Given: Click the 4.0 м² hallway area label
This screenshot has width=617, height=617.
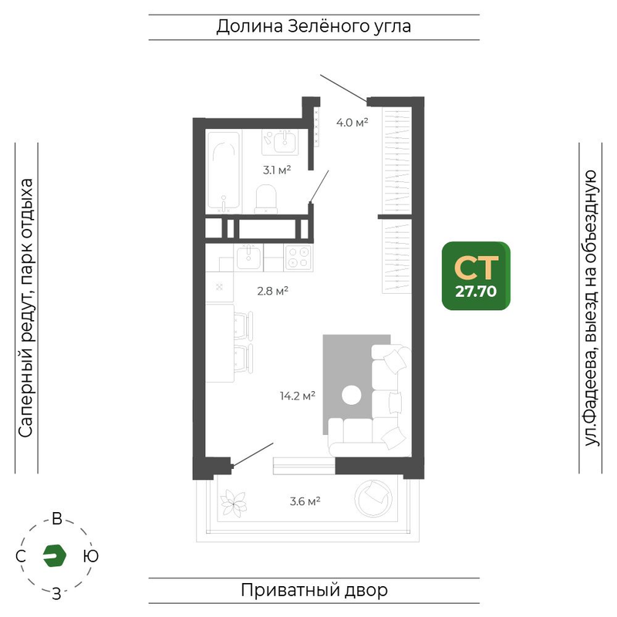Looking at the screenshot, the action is [x=352, y=123].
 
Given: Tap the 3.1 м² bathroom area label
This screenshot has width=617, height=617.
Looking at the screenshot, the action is [x=277, y=170].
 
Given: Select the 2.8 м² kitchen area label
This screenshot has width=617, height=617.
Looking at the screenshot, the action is [x=273, y=291].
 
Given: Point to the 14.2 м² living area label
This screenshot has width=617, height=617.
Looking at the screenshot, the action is [x=298, y=396].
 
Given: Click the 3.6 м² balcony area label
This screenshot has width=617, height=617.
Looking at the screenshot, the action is [x=305, y=501].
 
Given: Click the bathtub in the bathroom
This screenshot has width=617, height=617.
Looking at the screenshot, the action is [x=224, y=171].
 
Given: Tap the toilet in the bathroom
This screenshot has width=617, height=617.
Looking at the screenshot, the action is [x=266, y=199].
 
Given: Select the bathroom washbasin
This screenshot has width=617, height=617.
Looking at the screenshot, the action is [x=280, y=142].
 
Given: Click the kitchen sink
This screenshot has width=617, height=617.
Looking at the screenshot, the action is [x=248, y=257].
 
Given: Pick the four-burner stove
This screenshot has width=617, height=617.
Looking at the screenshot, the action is [x=298, y=258].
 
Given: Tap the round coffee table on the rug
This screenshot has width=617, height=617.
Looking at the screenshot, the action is [x=352, y=395].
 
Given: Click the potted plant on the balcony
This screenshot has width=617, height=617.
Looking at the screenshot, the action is [x=234, y=503].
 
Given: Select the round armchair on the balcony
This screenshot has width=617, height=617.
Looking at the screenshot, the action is [x=373, y=497].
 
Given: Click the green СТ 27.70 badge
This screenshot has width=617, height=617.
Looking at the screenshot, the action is [x=476, y=276].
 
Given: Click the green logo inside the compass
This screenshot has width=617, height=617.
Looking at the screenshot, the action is [x=54, y=555].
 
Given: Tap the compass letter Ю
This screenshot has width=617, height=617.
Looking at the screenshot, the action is [x=91, y=556].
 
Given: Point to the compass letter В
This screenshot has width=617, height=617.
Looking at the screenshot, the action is [x=57, y=519].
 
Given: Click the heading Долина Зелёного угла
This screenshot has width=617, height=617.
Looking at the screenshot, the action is [x=314, y=27].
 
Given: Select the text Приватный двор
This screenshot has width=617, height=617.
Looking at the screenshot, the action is [x=314, y=590].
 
